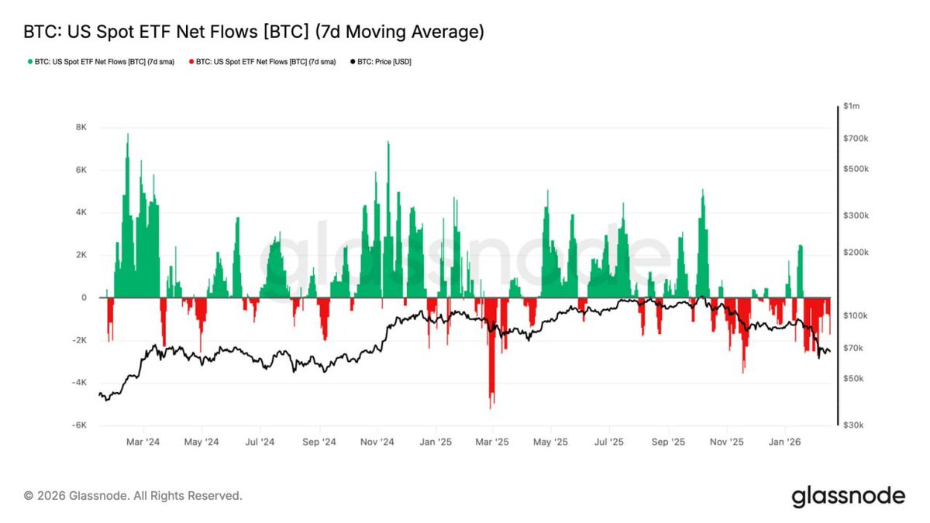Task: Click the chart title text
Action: (254, 32)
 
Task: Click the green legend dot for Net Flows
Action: (29, 61)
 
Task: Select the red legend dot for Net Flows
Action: (191, 61)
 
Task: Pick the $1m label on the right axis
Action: (852, 105)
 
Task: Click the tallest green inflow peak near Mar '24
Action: (128, 136)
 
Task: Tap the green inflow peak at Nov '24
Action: (387, 143)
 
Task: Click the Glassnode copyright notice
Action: (133, 495)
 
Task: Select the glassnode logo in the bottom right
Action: (848, 496)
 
